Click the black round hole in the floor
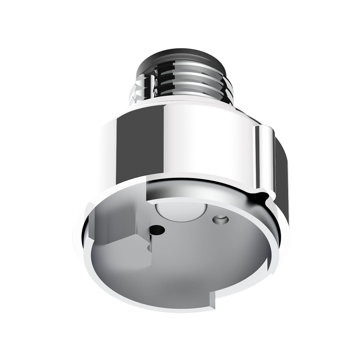[x=158, y=230]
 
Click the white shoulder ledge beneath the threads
[x=180, y=102]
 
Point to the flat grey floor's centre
[x=186, y=258]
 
